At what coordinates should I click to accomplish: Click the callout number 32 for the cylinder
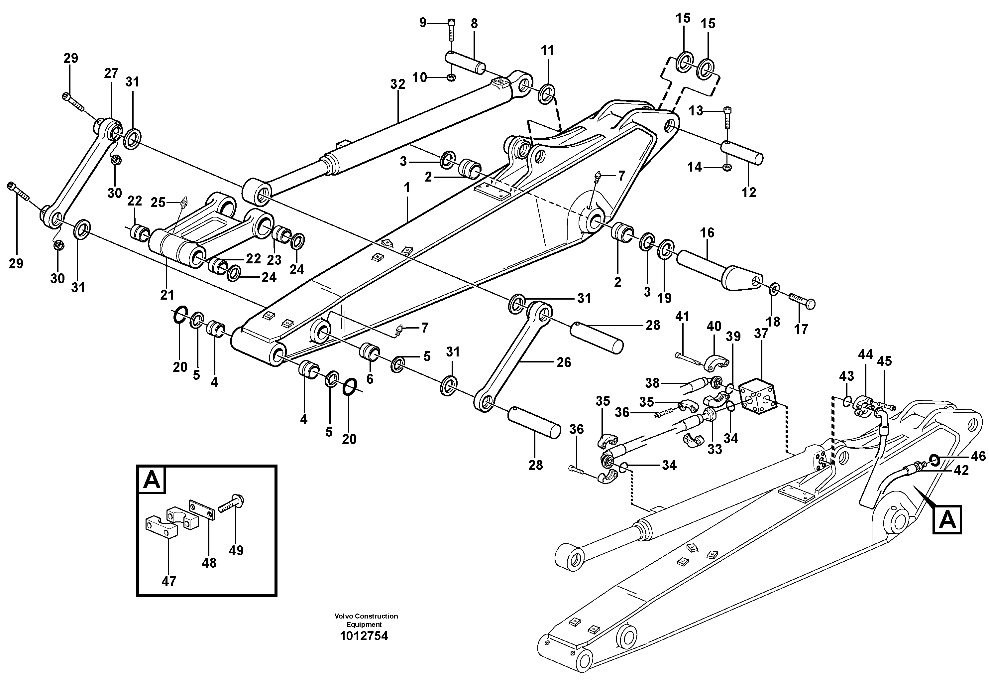pyautogui.click(x=397, y=84)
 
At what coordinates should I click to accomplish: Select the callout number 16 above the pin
pyautogui.click(x=707, y=233)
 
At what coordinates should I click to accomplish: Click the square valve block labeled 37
pyautogui.click(x=757, y=396)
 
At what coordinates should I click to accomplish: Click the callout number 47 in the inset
pyautogui.click(x=169, y=582)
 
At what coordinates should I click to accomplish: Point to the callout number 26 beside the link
pyautogui.click(x=563, y=362)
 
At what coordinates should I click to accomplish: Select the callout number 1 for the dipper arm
pyautogui.click(x=407, y=188)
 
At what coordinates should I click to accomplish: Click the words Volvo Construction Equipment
pyautogui.click(x=366, y=620)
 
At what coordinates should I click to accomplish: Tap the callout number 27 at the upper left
pyautogui.click(x=111, y=73)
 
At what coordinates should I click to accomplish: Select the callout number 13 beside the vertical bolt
pyautogui.click(x=695, y=111)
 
